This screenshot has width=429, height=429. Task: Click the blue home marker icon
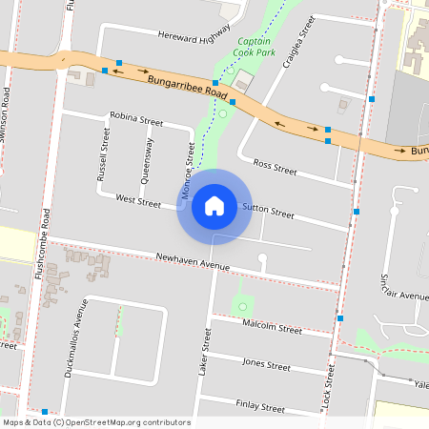pyautogui.click(x=214, y=206)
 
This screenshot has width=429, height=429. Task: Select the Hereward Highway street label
pyautogui.click(x=194, y=34)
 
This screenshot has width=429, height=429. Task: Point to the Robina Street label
pyautogui.click(x=136, y=121)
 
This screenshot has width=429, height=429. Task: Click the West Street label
pyautogui.click(x=138, y=200)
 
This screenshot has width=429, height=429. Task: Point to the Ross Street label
pyautogui.click(x=276, y=168)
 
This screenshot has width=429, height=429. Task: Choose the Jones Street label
pyautogui.click(x=266, y=364)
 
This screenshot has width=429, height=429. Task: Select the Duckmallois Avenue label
pyautogui.click(x=74, y=338)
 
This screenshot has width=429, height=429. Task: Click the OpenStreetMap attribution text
pyautogui.click(x=96, y=422)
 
